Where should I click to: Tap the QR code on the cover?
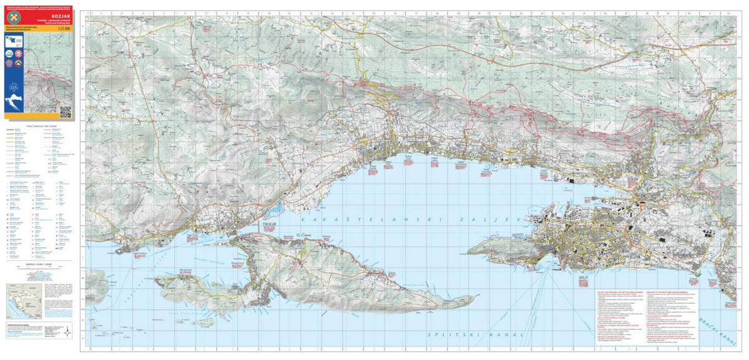tap(66, 111)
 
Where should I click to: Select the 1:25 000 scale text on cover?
tap(62, 29)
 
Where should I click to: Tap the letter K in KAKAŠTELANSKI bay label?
tap(302, 220)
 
